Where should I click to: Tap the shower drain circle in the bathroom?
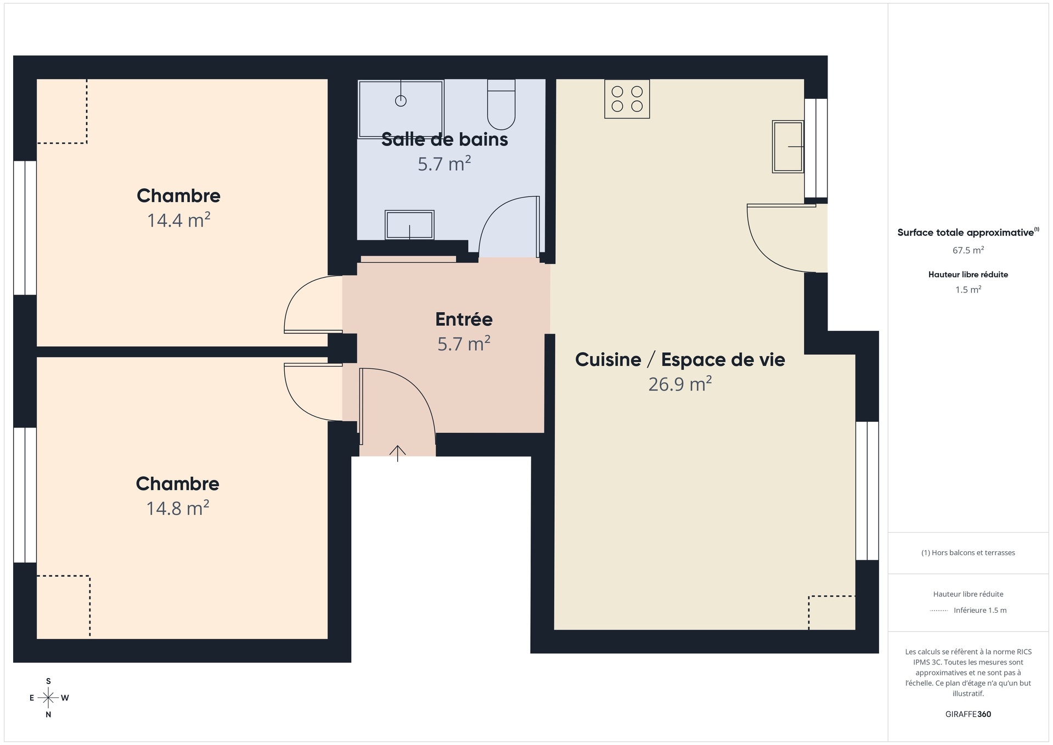coord(401,101)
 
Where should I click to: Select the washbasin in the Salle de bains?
coord(409,225)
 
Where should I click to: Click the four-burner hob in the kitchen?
coord(627,99)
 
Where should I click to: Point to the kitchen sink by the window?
coord(788,146)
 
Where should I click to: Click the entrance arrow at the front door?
coord(397,453)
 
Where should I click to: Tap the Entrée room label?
coord(464,319)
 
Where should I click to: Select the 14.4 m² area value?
coord(179,220)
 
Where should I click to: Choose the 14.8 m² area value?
coord(178,508)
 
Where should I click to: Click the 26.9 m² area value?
coord(680,383)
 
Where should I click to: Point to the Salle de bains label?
coord(444,139)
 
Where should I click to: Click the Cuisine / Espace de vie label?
coord(680,359)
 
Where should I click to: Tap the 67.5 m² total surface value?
coord(968,250)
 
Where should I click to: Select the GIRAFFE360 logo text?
coord(968,714)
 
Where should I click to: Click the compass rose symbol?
coord(48,698)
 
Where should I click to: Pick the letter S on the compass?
coord(48,681)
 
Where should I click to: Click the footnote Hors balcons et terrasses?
coord(968,552)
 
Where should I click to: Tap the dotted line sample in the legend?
coord(939,611)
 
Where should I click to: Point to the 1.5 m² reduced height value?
coord(968,289)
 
